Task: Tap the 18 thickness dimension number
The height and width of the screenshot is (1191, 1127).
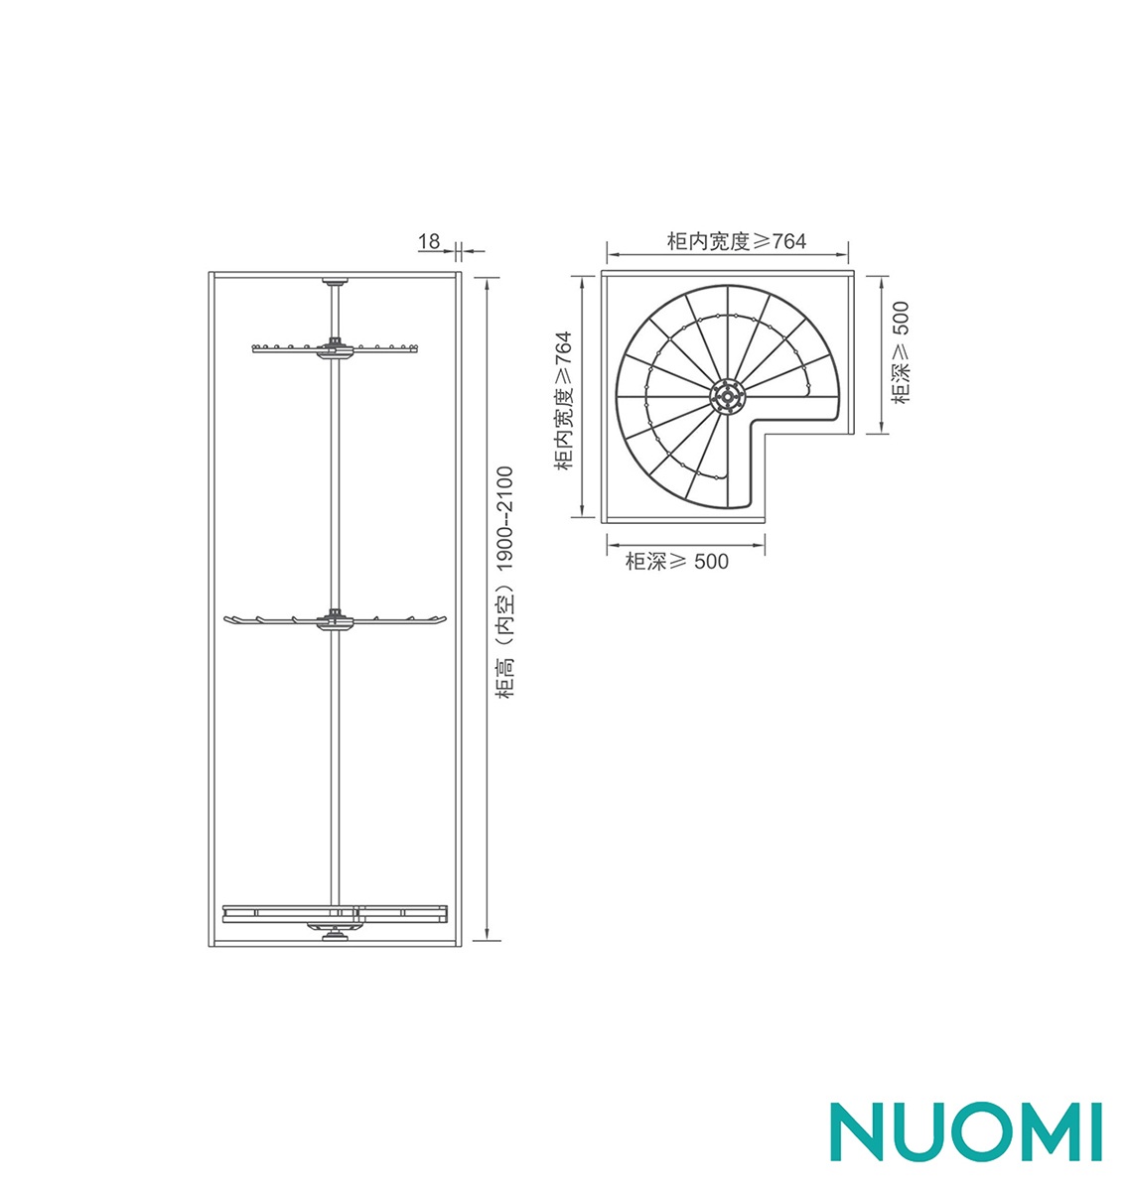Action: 429,242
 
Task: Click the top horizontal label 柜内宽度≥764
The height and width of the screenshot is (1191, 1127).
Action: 737,241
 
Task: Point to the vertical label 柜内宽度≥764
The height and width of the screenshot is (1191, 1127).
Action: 563,400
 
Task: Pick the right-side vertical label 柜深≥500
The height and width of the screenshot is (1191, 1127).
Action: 900,351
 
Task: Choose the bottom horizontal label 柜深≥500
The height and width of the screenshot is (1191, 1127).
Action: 676,561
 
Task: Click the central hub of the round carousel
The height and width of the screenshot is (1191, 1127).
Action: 726,397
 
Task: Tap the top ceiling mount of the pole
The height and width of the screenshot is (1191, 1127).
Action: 335,282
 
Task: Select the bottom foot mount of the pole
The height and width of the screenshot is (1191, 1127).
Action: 335,936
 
